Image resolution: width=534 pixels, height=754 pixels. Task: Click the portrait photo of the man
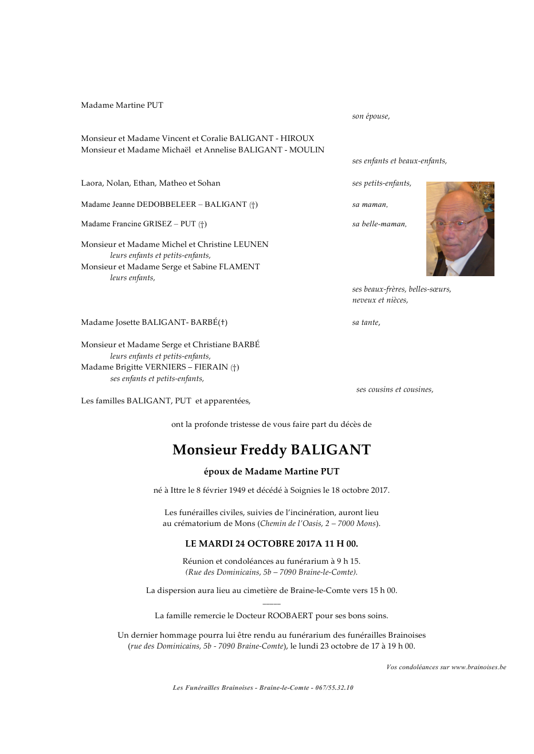[x=460, y=229]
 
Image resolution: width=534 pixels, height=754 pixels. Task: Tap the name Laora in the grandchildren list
[x=92, y=183]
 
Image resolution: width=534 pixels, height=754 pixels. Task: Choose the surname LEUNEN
[x=250, y=245]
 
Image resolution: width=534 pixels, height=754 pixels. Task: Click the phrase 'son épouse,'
[x=371, y=116]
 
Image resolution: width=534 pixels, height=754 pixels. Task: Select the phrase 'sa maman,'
[x=370, y=205]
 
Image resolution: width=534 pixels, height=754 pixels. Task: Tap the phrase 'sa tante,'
[x=366, y=323]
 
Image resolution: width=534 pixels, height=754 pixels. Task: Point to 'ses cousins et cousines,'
[x=395, y=390]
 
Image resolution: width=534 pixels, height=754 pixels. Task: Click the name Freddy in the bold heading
[x=264, y=450]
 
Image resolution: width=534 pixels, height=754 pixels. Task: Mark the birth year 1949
[x=237, y=490]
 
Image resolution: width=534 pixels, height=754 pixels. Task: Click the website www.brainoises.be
[x=478, y=667]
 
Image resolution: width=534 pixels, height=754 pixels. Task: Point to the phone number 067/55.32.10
[x=334, y=688]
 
